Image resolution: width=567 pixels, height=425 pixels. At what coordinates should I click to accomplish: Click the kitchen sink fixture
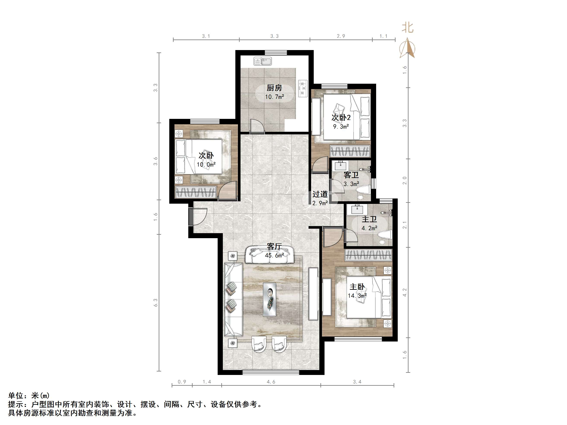[x=263, y=61]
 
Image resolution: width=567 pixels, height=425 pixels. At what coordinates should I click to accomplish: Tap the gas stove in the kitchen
[x=303, y=88]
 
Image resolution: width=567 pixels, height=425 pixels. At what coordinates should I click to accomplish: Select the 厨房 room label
[x=274, y=88]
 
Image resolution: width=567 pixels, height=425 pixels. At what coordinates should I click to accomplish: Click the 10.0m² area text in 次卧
[x=206, y=164]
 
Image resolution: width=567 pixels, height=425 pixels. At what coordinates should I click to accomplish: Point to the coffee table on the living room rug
[x=269, y=299]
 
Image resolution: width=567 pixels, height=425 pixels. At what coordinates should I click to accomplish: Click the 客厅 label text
[x=274, y=246]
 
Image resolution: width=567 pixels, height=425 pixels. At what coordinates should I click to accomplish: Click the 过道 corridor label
[x=320, y=194]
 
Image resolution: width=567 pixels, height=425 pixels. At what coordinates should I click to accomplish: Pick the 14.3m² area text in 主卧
[x=357, y=296]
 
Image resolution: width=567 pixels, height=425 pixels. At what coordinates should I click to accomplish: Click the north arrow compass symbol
[x=407, y=48]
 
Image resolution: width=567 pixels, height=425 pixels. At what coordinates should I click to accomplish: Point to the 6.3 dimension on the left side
[x=156, y=302]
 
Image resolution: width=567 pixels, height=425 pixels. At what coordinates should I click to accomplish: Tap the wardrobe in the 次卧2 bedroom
[x=350, y=151]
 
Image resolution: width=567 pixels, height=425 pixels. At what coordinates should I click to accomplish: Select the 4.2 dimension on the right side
[x=405, y=292]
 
